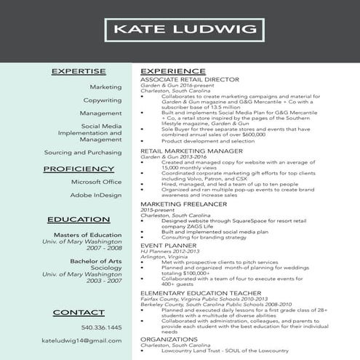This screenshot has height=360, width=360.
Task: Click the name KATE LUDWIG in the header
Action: (x=180, y=30)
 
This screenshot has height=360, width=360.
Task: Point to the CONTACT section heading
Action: (x=79, y=312)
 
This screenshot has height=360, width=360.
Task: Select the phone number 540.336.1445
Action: (x=101, y=327)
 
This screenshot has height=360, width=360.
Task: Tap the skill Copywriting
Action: (x=102, y=100)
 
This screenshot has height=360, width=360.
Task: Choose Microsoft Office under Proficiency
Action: (x=96, y=182)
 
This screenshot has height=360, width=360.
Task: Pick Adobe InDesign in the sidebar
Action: (x=96, y=195)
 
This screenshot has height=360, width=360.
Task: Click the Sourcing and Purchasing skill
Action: (x=83, y=153)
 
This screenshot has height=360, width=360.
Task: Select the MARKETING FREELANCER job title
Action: (x=179, y=204)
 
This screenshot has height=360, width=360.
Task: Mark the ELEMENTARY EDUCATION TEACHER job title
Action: (x=197, y=292)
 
